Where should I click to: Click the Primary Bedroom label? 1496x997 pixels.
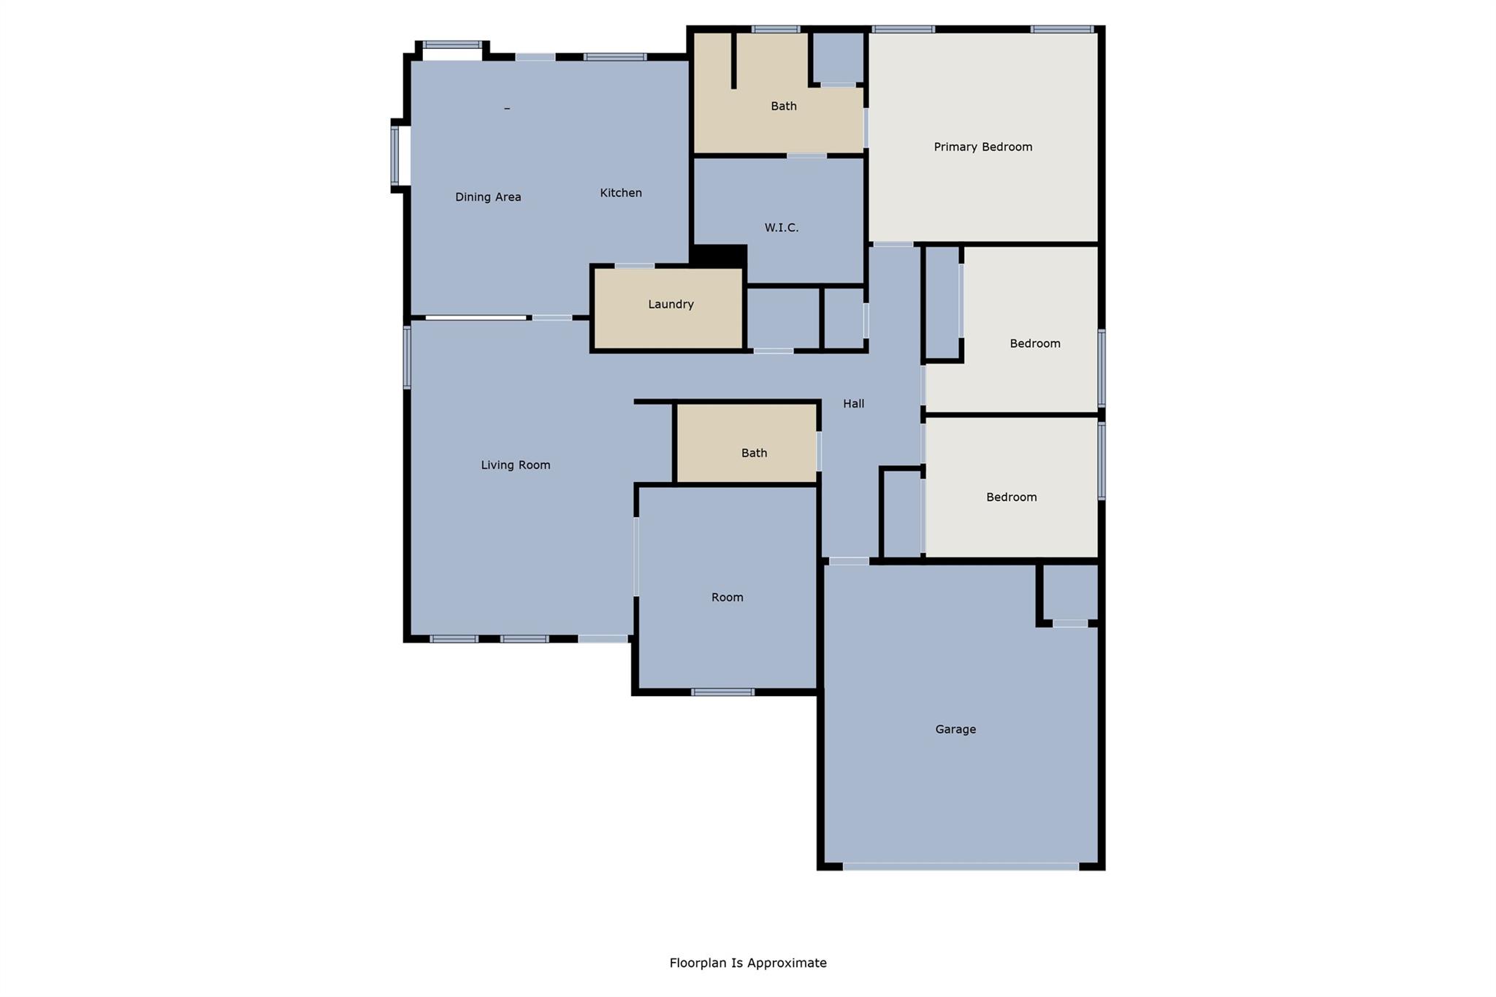coord(982,147)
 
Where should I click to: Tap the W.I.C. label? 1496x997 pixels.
coord(781,228)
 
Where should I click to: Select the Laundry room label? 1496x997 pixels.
coord(671,305)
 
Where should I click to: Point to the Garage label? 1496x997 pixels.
coord(955,729)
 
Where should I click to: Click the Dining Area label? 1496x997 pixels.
coord(488,197)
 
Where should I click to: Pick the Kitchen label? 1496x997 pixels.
coord(621,193)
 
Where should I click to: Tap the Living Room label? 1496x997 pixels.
coord(515,465)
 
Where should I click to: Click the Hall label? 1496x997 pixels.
coord(853,404)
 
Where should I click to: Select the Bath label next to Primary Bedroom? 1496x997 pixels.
coord(783,107)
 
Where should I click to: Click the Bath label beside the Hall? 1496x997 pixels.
coord(754,453)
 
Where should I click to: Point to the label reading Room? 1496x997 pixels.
coord(727,597)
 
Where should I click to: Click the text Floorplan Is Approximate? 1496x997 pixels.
coord(747,963)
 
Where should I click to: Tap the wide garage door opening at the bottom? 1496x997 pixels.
coord(961,867)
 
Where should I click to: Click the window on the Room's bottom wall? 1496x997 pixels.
coord(722,692)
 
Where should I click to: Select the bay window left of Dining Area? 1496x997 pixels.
coord(395,156)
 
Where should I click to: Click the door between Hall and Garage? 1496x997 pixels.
coord(849,561)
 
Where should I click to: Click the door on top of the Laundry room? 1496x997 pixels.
coord(634,266)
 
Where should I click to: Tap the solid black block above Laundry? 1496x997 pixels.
coord(719,256)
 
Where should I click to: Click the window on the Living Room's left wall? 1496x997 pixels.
coord(407,357)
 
